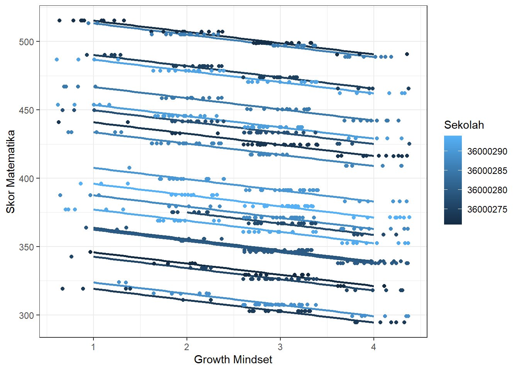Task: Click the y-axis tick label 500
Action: coord(26,42)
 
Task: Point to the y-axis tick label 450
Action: coord(26,110)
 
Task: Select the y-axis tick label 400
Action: coord(26,179)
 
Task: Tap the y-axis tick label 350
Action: coord(26,247)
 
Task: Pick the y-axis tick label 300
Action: coord(26,315)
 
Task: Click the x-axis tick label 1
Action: coord(93,347)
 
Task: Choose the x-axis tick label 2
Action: coord(187,347)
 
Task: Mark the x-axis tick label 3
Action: coord(280,347)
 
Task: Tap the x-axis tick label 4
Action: coord(373,347)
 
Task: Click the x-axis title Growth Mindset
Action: coord(233,359)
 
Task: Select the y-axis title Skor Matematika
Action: coord(11,172)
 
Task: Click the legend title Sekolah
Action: coord(464,125)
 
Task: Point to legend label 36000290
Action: coord(487,151)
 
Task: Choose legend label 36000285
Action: coord(487,171)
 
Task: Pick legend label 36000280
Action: coord(487,190)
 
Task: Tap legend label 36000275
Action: coord(487,209)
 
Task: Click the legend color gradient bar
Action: coord(453,180)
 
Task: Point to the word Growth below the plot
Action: coord(212,359)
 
